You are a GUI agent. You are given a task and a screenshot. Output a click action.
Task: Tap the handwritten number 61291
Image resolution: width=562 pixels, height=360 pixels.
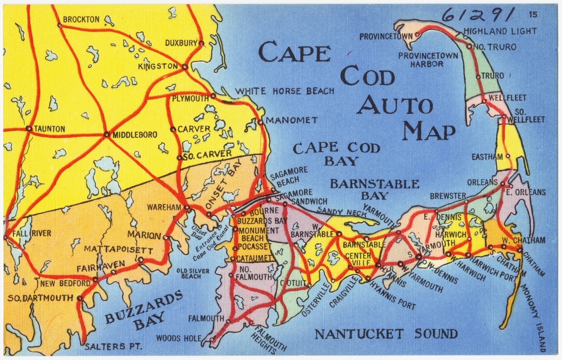click(478, 16)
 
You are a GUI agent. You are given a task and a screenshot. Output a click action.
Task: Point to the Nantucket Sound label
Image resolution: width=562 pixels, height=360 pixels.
click(386, 334)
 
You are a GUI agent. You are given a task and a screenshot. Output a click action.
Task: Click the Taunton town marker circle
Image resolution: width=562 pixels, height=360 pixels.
click(29, 128)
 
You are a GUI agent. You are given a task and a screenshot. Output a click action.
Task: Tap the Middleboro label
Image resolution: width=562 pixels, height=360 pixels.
click(135, 135)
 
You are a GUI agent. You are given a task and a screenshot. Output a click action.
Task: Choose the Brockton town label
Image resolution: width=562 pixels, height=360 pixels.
click(81, 19)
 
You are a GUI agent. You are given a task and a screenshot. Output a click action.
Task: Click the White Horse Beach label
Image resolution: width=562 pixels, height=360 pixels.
click(285, 91)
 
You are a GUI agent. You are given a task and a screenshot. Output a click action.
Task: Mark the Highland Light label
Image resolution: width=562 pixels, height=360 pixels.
click(500, 31)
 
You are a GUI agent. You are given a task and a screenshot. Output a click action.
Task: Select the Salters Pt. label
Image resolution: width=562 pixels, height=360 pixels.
click(113, 347)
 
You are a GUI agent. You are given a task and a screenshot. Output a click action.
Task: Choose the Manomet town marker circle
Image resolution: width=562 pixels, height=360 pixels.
click(260, 121)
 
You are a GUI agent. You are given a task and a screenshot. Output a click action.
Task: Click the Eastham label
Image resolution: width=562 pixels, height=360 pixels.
click(487, 157)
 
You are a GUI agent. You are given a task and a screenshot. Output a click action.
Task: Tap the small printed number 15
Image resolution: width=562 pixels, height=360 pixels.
click(533, 15)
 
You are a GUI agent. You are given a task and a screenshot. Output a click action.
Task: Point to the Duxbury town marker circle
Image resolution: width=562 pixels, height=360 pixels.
click(201, 44)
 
